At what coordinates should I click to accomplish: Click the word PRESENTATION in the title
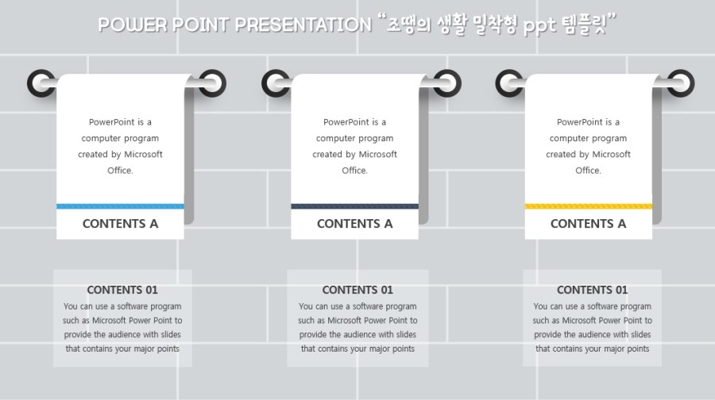point(303,25)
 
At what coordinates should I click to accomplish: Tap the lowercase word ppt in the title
point(539,26)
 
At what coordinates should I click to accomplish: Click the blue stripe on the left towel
point(121,206)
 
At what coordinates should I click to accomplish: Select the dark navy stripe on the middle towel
point(355,206)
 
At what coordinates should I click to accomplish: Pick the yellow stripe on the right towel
point(588,206)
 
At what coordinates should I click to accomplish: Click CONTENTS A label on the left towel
point(121,224)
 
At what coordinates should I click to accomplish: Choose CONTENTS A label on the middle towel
point(355,224)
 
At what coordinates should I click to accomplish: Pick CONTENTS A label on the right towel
point(588,224)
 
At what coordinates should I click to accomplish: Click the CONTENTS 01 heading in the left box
point(122,290)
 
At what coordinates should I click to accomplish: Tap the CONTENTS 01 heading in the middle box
point(357,290)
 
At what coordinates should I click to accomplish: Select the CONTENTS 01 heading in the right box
point(593,290)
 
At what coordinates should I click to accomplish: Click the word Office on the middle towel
point(354,171)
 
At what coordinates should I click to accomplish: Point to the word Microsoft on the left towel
point(143,155)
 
